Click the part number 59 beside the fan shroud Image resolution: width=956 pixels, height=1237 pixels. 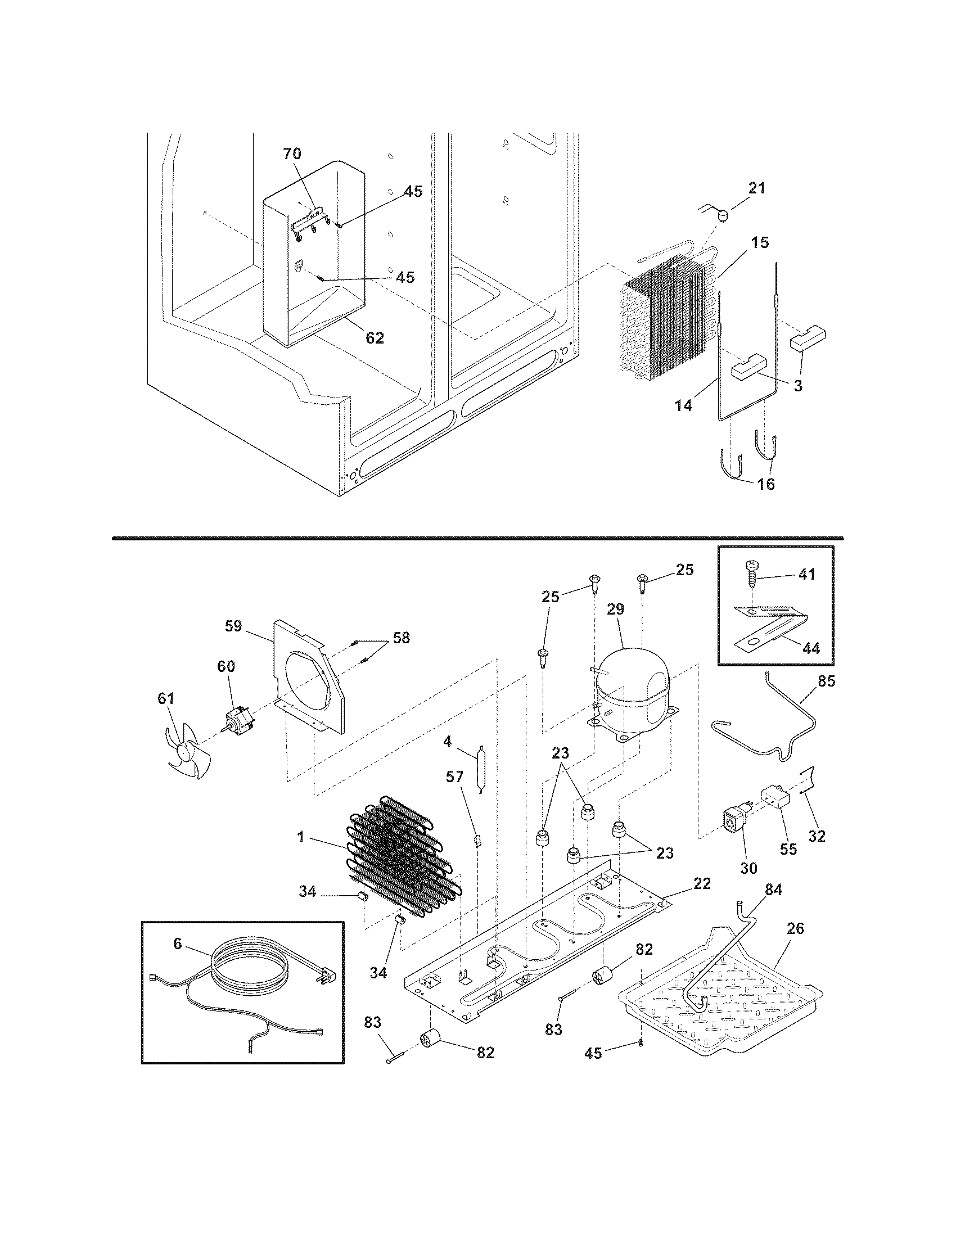[x=233, y=626]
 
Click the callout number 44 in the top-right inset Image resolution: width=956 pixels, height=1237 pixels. [x=811, y=648]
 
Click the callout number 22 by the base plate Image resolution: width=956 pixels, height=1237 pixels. [x=702, y=883]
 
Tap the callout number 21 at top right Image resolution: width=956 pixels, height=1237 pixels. [x=756, y=188]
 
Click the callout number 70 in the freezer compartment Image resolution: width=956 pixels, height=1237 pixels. [x=292, y=154]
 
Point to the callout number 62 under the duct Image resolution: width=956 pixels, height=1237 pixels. [x=375, y=337]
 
